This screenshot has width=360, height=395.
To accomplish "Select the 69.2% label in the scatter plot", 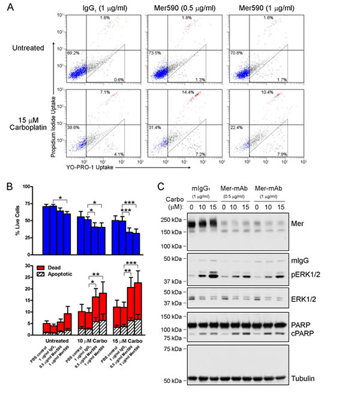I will [73, 53].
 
